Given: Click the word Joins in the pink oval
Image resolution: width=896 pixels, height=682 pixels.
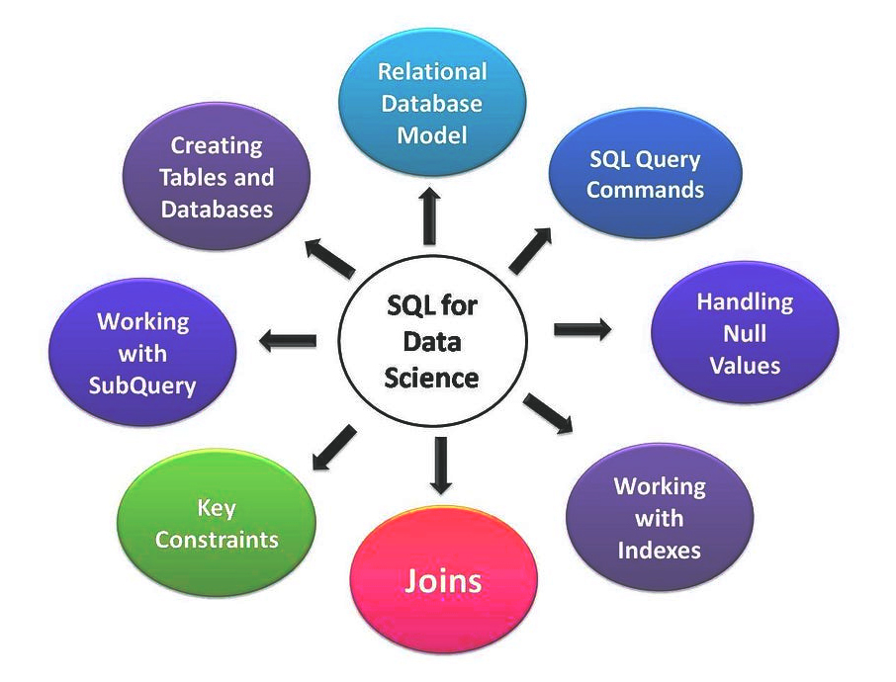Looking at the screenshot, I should click(x=442, y=580).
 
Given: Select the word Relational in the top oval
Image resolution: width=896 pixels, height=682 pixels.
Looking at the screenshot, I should click(x=432, y=71).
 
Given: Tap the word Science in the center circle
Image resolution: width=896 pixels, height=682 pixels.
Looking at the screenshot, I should click(x=432, y=378).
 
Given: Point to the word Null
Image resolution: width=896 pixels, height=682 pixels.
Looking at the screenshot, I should click(x=745, y=333).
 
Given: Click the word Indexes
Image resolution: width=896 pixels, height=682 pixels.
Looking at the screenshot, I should click(x=659, y=550).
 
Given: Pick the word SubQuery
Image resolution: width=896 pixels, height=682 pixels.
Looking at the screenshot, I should click(x=142, y=384).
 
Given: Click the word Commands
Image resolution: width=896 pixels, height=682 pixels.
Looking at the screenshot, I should click(x=645, y=189).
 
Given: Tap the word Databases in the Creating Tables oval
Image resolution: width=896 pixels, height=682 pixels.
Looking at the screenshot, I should click(x=217, y=209).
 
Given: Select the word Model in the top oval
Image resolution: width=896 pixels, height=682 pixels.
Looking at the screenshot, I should click(x=432, y=134).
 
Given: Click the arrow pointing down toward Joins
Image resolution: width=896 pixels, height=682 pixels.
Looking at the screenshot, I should click(x=441, y=465).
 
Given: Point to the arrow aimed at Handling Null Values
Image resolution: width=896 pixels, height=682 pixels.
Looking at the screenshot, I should click(x=582, y=329).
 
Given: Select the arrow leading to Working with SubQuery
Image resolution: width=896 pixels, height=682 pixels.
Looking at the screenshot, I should click(x=288, y=342).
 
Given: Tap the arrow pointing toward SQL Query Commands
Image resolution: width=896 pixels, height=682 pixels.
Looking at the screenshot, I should click(x=530, y=250).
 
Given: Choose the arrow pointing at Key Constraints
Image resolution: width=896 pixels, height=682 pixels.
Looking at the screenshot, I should click(x=332, y=447).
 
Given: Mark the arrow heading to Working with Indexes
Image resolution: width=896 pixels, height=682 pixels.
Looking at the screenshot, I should click(x=548, y=412).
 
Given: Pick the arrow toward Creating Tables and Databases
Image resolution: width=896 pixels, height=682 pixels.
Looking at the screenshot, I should click(x=329, y=257).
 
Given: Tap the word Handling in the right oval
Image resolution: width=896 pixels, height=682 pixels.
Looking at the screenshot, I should click(x=745, y=301).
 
